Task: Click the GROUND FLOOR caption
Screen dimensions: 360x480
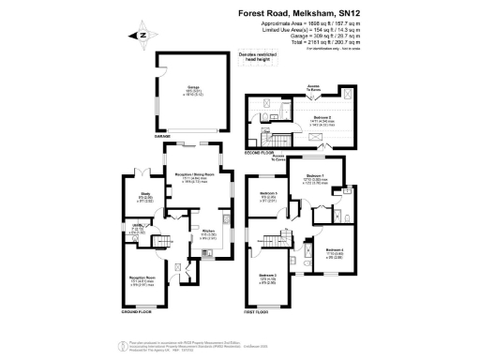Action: tap(138, 310)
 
